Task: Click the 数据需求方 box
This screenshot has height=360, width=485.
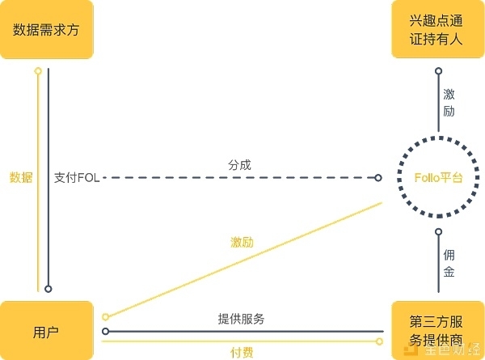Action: (x=46, y=30)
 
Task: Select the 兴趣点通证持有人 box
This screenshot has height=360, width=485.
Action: (x=438, y=30)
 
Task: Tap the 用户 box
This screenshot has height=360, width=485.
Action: (x=46, y=331)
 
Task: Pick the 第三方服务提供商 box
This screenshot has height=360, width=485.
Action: (x=438, y=331)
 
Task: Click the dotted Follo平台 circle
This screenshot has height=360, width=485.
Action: (x=438, y=178)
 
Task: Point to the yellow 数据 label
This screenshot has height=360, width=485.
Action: (x=21, y=177)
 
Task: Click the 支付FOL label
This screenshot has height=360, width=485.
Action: (x=77, y=177)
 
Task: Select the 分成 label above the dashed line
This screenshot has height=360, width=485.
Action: (x=240, y=164)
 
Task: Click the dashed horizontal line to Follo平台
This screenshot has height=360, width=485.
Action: (x=242, y=177)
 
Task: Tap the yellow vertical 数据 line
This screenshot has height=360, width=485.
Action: (x=37, y=202)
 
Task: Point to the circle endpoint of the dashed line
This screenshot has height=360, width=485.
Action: (x=378, y=177)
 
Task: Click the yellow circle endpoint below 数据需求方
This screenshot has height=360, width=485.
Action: (x=37, y=71)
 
